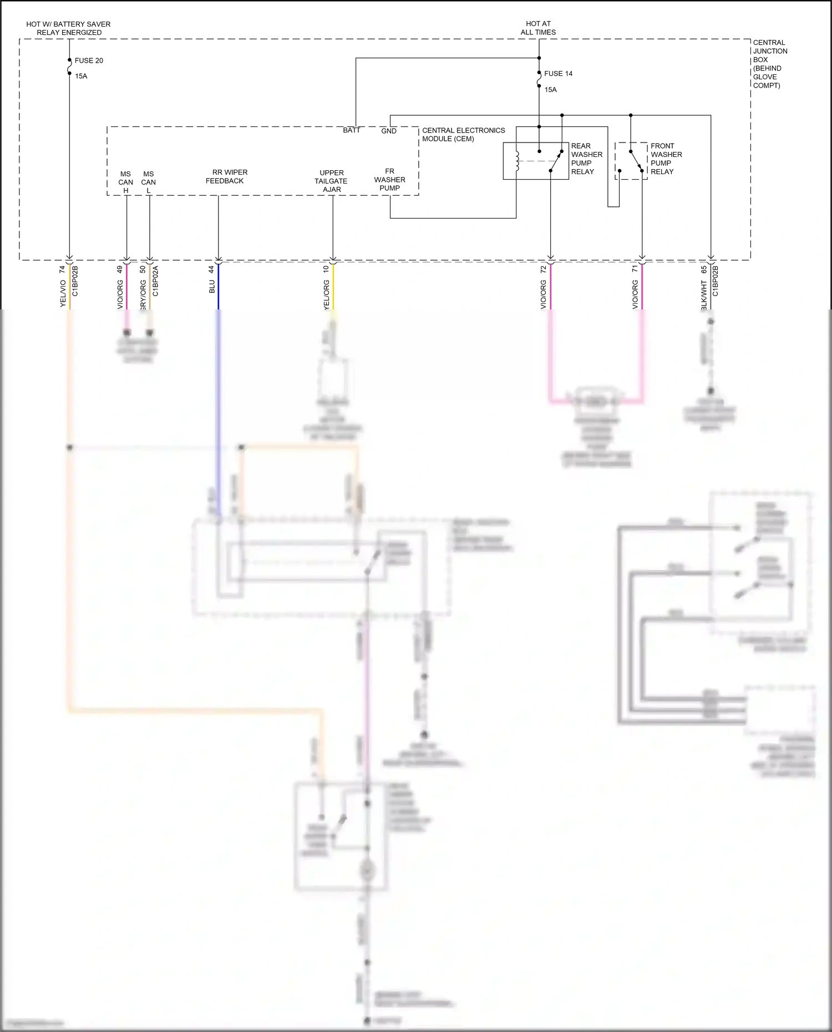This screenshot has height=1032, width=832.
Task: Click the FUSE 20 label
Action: click(89, 60)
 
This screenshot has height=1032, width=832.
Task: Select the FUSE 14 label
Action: click(558, 73)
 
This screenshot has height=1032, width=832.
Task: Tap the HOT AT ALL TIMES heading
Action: click(538, 28)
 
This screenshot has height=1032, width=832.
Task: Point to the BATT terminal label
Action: click(352, 130)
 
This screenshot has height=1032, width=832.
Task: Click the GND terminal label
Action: click(389, 131)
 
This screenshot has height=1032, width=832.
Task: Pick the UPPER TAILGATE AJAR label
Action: click(332, 181)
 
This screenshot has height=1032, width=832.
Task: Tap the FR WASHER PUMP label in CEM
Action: click(390, 180)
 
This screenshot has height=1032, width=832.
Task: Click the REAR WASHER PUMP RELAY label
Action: click(586, 159)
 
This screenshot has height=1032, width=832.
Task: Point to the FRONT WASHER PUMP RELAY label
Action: click(666, 159)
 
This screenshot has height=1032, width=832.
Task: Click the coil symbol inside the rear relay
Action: click(518, 161)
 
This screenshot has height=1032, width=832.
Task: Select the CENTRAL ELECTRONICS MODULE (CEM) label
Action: click(463, 134)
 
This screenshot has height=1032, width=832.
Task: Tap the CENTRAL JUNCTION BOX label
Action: click(769, 64)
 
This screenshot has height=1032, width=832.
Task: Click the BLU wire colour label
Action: click(212, 287)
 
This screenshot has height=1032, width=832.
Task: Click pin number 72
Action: click(543, 269)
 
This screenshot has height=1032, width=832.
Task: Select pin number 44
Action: click(211, 269)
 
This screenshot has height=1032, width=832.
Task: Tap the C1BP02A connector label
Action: click(156, 281)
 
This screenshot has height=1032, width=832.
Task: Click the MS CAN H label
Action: click(126, 182)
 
